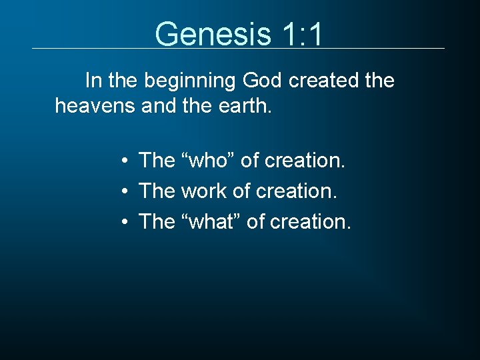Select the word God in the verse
pyautogui.click(x=263, y=81)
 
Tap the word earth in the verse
pyautogui.click(x=243, y=105)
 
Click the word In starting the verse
pyautogui.click(x=93, y=81)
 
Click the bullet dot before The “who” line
pyautogui.click(x=125, y=161)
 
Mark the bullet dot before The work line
pyautogui.click(x=125, y=192)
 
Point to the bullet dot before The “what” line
pyautogui.click(x=125, y=222)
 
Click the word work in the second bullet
pyautogui.click(x=204, y=191)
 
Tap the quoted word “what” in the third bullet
pyautogui.click(x=211, y=221)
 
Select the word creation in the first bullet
pyautogui.click(x=305, y=161)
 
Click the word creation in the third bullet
pyautogui.click(x=311, y=221)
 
